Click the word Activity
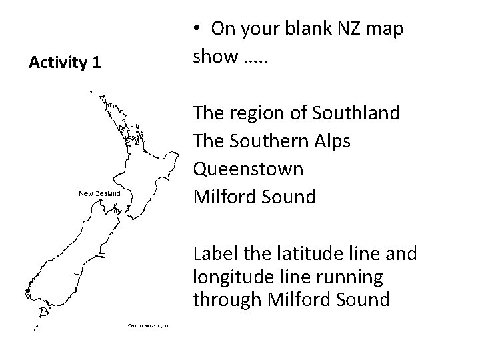(58, 63)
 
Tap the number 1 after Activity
(97, 63)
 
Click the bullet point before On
(197, 29)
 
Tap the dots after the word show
(250, 59)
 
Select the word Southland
(359, 113)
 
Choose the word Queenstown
(248, 169)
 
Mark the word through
(225, 299)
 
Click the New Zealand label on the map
(100, 193)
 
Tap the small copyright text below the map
(147, 325)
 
